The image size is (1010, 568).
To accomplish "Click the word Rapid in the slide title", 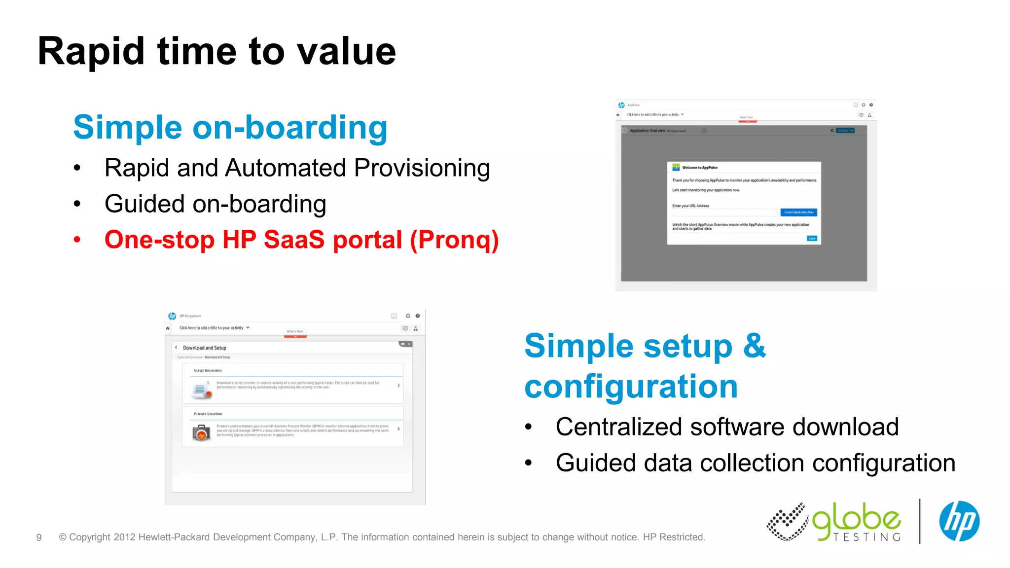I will pos(91,52).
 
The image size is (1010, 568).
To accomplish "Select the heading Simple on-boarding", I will pos(230,127).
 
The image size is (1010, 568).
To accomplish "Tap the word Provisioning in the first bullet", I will pos(422,168).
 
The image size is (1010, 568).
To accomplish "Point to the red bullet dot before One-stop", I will pos(77,240).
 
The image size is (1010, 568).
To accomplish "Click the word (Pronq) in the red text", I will pos(455,240).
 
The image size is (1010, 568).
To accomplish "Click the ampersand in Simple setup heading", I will pos(754,346).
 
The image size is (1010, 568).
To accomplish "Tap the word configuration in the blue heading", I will pos(631,386).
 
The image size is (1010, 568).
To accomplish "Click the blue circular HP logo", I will pos(959,521).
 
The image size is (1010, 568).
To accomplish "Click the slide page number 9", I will pos(39,537).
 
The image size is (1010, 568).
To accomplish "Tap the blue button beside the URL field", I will pos(798,213).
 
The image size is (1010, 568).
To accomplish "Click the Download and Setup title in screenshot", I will pos(204,348).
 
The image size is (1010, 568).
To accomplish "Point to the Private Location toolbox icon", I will pos(201,433).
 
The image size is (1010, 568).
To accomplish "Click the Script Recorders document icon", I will pos(201,390).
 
